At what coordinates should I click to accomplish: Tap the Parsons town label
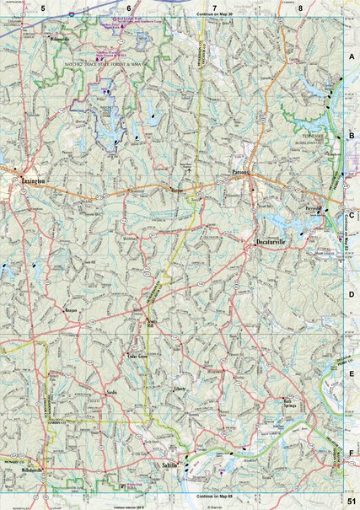(x=244, y=173)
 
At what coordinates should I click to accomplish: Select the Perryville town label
(x=315, y=207)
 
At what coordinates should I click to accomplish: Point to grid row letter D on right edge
(x=351, y=294)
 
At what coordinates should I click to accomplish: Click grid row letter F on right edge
(x=351, y=453)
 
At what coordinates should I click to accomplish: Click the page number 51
(x=350, y=501)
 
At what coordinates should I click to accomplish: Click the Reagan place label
(x=71, y=310)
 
